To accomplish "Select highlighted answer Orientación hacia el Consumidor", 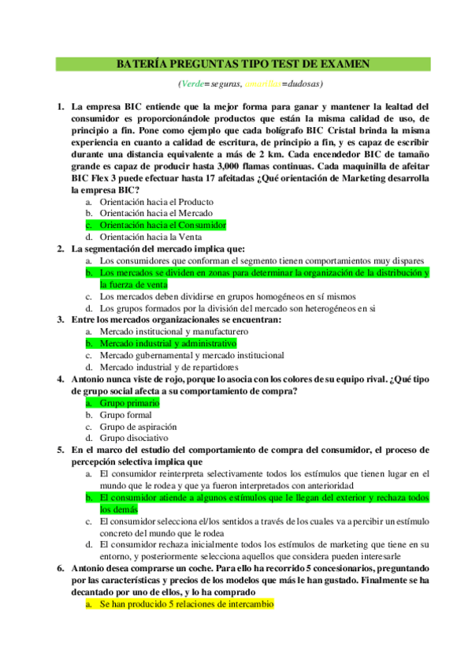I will [x=162, y=225].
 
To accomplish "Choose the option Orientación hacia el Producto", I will [x=156, y=201].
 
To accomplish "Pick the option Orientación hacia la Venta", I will [x=151, y=237].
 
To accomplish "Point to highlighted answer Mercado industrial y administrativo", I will [x=168, y=344].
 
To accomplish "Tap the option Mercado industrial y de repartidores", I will [x=169, y=368].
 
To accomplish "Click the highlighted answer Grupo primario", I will [x=129, y=403].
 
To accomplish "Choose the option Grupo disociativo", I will [x=133, y=438].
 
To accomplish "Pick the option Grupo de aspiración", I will [x=138, y=426].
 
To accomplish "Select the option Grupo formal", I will [x=125, y=414].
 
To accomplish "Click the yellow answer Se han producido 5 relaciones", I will [x=186, y=604].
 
